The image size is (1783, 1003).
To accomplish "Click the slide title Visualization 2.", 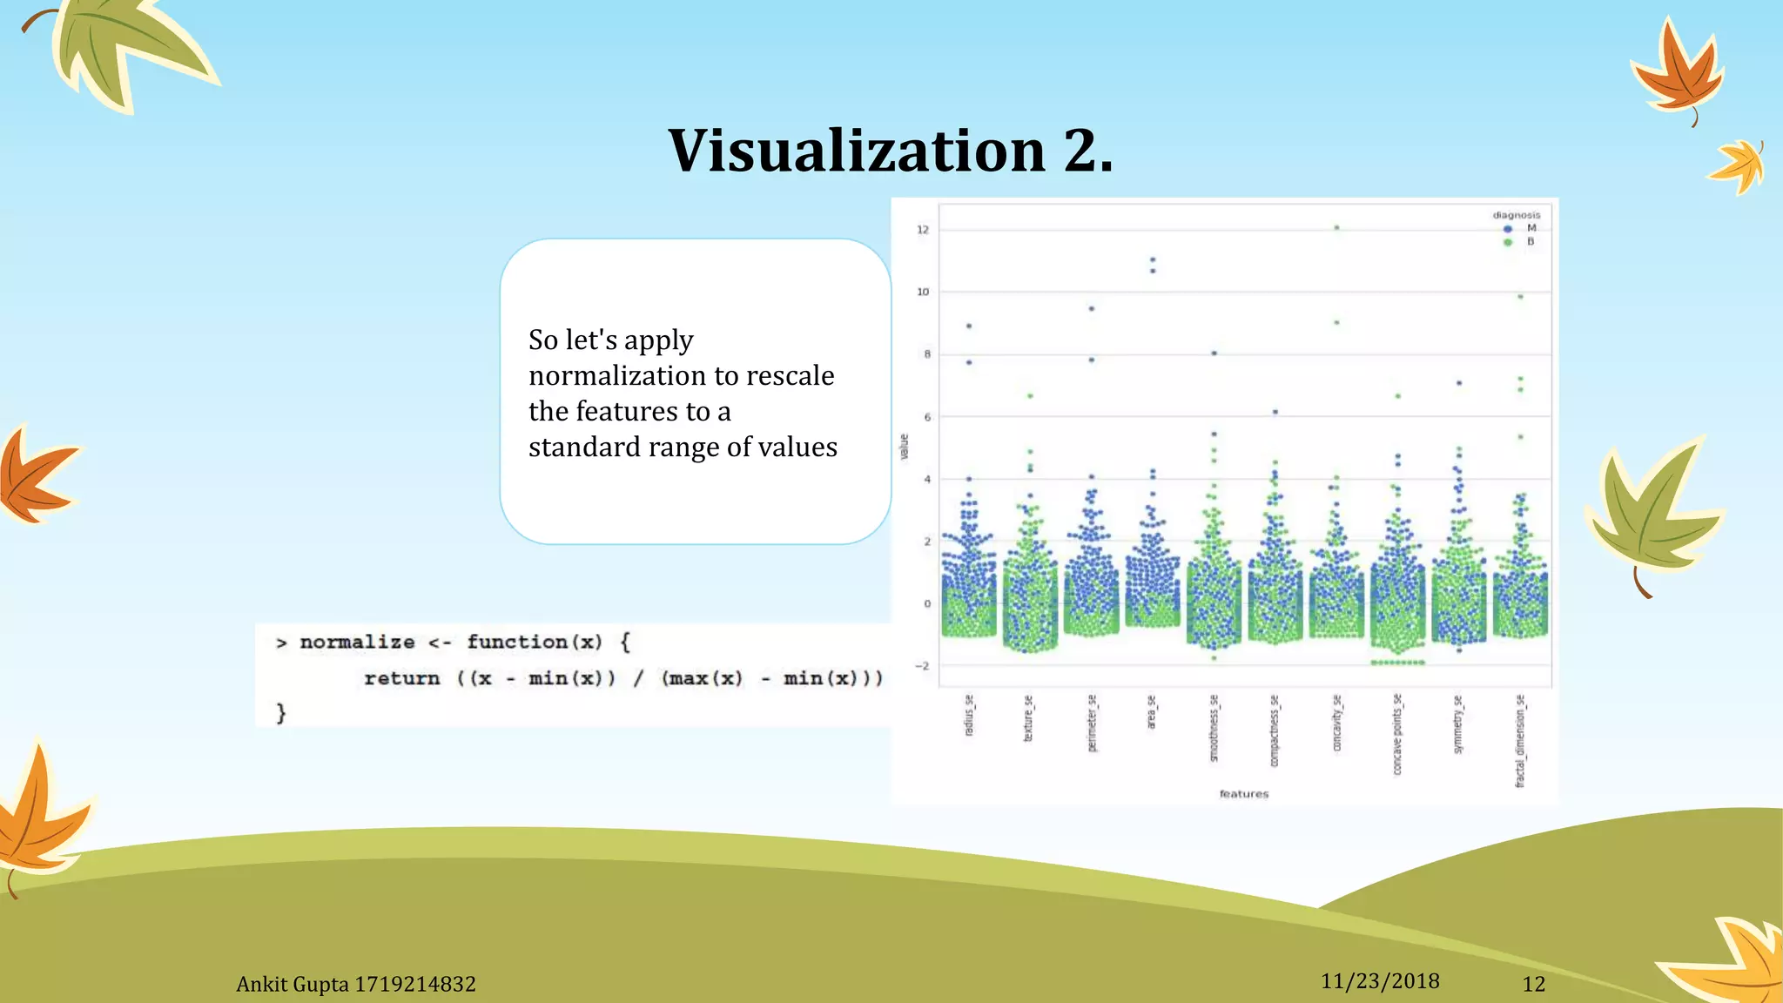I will pyautogui.click(x=890, y=150).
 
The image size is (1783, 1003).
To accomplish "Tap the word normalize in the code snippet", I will pyautogui.click(x=357, y=642).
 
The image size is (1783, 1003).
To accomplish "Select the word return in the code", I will pyautogui.click(x=401, y=678).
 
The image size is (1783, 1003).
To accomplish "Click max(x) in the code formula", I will pyautogui.click(x=703, y=678).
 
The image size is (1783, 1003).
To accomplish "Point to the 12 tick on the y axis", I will pyautogui.click(x=923, y=230).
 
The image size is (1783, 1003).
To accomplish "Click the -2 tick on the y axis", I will pyautogui.click(x=922, y=666).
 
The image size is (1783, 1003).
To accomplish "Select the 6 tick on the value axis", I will pyautogui.click(x=927, y=417).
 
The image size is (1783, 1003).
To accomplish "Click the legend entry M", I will pyautogui.click(x=1531, y=228).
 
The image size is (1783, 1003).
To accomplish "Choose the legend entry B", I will pyautogui.click(x=1530, y=242).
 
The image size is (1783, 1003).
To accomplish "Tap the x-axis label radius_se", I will pyautogui.click(x=969, y=715).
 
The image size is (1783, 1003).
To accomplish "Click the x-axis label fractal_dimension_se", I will pyautogui.click(x=1520, y=741).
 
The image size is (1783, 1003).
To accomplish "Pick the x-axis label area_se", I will pyautogui.click(x=1152, y=712).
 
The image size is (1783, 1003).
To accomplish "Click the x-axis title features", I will pyautogui.click(x=1243, y=794).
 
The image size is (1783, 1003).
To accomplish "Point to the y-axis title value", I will pyautogui.click(x=904, y=447).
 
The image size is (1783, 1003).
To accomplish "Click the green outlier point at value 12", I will pyautogui.click(x=1336, y=228).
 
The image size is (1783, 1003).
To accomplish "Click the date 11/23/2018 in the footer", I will pyautogui.click(x=1380, y=981).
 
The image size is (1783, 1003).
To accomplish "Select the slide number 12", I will pyautogui.click(x=1533, y=984).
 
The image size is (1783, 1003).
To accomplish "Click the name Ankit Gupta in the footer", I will pyautogui.click(x=292, y=984).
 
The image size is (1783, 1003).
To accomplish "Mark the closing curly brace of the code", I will pyautogui.click(x=280, y=713).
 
